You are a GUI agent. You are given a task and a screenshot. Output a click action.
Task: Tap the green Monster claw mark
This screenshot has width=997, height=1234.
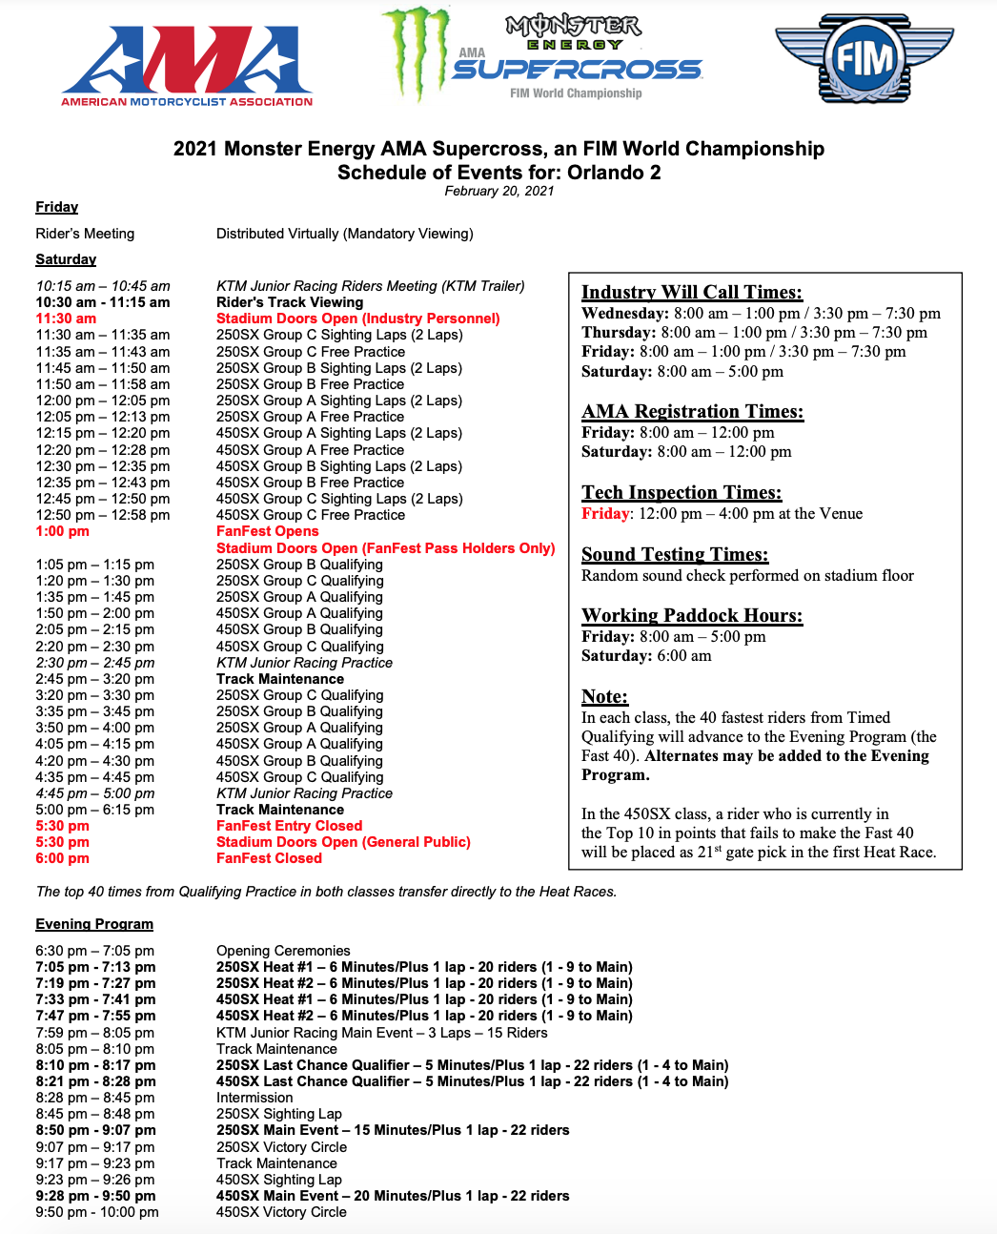(417, 51)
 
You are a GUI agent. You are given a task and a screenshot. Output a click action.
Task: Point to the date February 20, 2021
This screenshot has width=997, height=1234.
(498, 191)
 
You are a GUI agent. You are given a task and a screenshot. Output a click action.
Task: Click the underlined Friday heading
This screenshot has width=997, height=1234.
(57, 207)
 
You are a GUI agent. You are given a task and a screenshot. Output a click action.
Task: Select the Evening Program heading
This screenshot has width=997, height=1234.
(94, 923)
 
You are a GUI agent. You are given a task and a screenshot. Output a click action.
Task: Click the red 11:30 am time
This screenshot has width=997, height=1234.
(66, 319)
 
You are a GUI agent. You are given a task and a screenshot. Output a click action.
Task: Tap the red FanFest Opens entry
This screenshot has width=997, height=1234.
(267, 531)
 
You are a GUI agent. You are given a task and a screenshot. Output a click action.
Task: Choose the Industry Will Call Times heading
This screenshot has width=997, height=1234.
(692, 292)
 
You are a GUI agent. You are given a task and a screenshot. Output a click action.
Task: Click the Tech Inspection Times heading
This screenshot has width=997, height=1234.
(682, 492)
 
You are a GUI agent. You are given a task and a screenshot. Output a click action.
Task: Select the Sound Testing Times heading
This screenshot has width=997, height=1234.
(675, 554)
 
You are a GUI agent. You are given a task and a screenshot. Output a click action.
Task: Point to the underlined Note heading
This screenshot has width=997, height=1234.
(604, 696)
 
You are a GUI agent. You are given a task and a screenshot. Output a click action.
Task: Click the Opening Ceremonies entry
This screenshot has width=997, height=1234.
(283, 951)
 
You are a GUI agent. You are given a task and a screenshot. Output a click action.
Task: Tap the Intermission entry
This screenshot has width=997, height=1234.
(254, 1098)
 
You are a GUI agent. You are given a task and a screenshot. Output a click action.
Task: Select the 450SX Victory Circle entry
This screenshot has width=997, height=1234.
(281, 1212)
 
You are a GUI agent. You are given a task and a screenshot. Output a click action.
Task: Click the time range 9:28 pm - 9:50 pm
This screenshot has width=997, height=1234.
(95, 1196)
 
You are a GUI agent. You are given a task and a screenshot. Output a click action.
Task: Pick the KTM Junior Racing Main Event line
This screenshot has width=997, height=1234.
(381, 1033)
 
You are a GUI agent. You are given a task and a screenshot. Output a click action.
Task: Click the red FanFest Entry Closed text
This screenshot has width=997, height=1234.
(289, 826)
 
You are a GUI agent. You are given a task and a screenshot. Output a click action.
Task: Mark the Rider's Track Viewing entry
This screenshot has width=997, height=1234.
(290, 302)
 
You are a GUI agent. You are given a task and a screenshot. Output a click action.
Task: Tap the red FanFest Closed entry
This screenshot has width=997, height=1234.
(269, 858)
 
